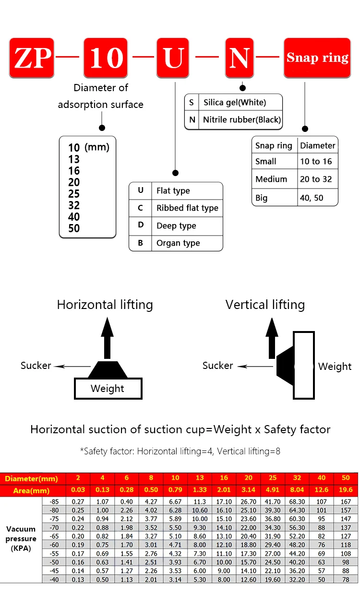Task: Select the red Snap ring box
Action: pyautogui.click(x=317, y=58)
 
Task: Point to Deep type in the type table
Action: pyautogui.click(x=176, y=226)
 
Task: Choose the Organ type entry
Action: pyautogui.click(x=178, y=243)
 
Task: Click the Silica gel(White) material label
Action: pyautogui.click(x=234, y=102)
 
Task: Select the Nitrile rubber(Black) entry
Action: pyautogui.click(x=241, y=119)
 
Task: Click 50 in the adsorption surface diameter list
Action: pyautogui.click(x=74, y=228)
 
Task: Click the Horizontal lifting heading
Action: pyautogui.click(x=105, y=305)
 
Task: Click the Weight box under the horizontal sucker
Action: pyautogui.click(x=108, y=389)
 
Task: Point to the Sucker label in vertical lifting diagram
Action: pyautogui.click(x=217, y=366)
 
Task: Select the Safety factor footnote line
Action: pyautogui.click(x=180, y=451)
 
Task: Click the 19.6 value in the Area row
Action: pyautogui.click(x=346, y=490)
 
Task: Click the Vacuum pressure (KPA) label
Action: pyautogui.click(x=21, y=539)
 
